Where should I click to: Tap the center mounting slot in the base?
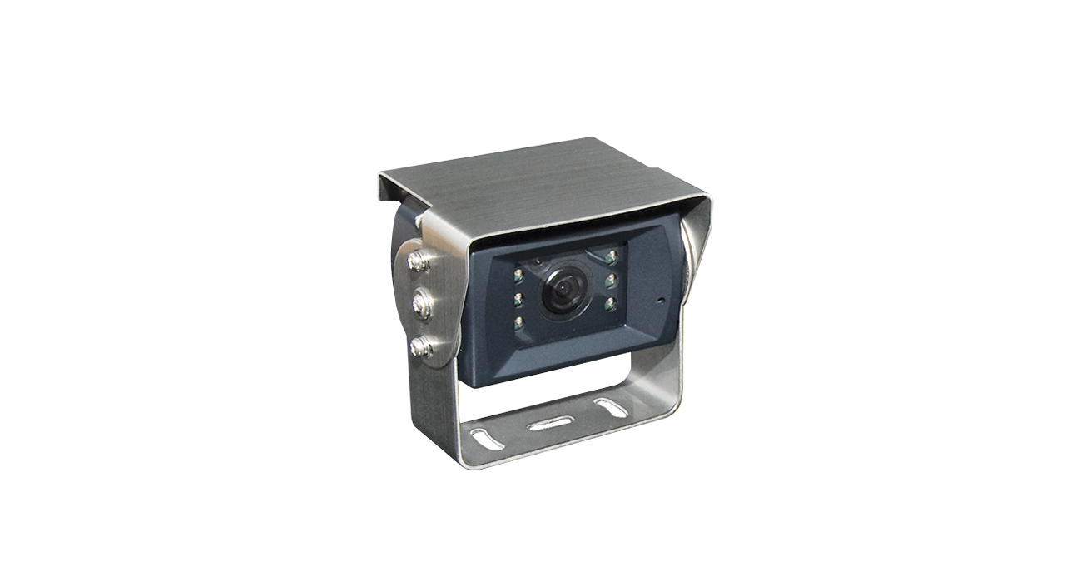coord(546,424)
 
